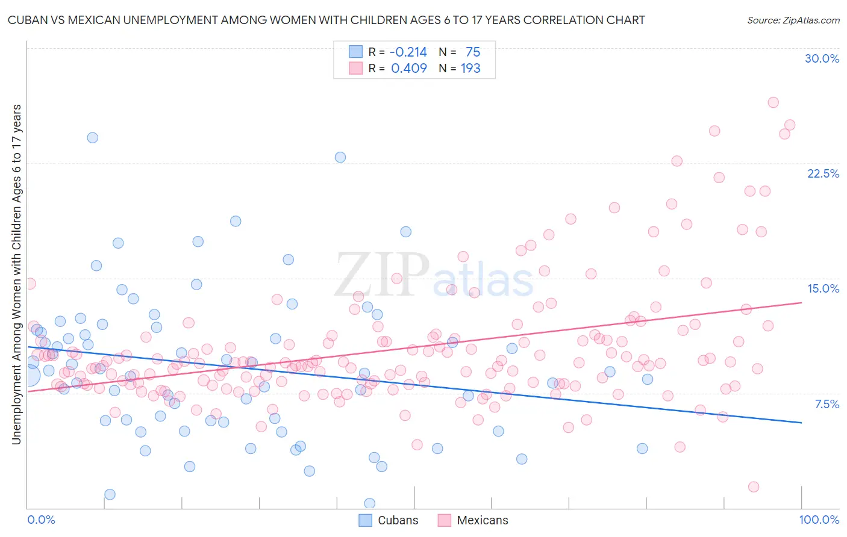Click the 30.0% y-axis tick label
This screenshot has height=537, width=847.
tap(822, 58)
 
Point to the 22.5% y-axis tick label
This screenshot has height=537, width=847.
tap(823, 173)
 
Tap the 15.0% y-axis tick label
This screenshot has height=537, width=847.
tap(823, 288)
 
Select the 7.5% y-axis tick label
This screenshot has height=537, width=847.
tap(827, 404)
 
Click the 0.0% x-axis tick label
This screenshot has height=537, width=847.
tap(41, 520)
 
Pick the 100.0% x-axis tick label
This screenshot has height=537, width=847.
tap(819, 520)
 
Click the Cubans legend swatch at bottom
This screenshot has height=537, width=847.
tap(365, 520)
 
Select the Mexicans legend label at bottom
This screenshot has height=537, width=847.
tap(482, 520)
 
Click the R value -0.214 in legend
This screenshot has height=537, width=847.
tap(408, 52)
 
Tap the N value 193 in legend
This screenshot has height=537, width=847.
tap(470, 69)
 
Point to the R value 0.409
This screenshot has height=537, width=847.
tap(408, 69)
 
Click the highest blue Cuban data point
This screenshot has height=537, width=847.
tap(92, 138)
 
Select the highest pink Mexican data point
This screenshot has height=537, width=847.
tap(773, 102)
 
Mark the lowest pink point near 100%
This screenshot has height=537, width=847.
tap(753, 487)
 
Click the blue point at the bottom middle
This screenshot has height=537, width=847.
tap(370, 503)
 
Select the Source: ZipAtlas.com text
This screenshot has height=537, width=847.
tap(793, 20)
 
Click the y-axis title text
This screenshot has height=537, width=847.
tap(16, 275)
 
